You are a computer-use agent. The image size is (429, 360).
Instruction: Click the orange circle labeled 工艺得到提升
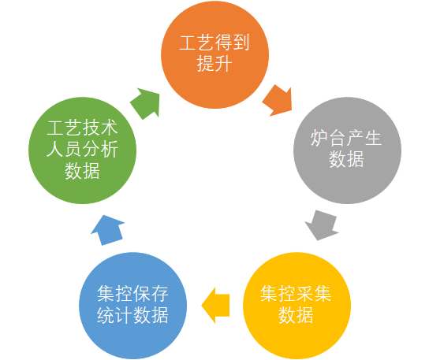214,54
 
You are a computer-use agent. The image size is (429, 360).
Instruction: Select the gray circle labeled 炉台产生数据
347,150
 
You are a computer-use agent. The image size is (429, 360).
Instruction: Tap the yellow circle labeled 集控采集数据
297,306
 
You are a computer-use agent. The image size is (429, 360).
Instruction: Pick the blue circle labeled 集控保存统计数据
133,306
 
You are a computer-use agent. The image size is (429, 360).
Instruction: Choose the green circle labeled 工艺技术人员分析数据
82,150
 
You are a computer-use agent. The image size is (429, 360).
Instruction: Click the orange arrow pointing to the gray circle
278,101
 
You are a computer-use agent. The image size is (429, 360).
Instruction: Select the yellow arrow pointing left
215,306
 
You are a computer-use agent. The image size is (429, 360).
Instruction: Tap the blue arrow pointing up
108,230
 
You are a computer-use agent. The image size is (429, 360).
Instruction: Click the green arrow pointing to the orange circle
145,103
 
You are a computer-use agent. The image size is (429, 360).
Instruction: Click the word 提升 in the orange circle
214,64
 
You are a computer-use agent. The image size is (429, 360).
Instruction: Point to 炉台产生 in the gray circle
346,138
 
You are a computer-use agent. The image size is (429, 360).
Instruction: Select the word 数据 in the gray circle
346,159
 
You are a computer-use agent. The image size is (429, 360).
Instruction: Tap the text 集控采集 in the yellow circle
296,294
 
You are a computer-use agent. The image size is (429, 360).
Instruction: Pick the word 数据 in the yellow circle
296,315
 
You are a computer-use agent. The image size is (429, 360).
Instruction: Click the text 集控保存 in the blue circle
132,294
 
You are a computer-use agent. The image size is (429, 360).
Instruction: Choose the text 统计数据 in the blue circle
132,315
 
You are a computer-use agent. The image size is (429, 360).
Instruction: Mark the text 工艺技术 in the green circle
82,128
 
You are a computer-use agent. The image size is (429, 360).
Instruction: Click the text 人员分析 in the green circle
82,149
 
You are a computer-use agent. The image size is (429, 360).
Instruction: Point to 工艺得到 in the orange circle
214,43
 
